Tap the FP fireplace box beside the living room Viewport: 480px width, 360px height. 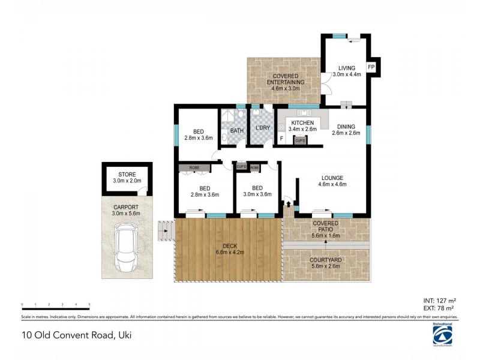click(x=371, y=67)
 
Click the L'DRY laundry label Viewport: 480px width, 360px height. click(x=262, y=127)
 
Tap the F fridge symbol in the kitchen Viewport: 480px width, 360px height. click(x=281, y=140)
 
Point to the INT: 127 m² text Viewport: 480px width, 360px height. click(x=440, y=301)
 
